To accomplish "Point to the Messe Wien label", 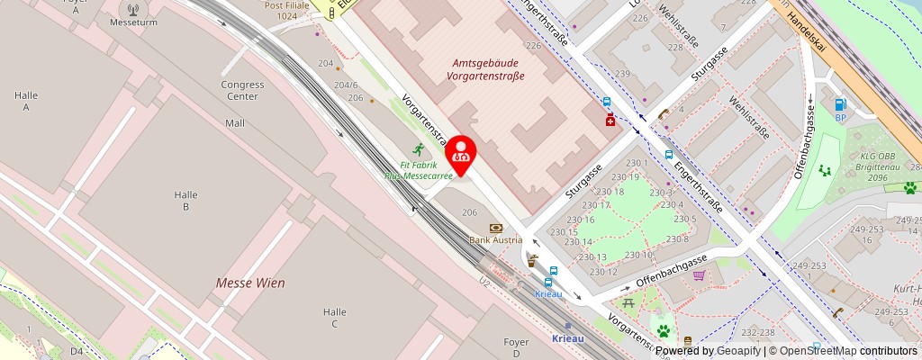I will [250, 283].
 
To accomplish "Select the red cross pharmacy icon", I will [610, 120].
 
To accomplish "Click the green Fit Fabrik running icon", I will [418, 149].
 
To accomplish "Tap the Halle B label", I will [186, 201].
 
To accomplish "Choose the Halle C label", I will [334, 318].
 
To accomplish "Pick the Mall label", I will [235, 123].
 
